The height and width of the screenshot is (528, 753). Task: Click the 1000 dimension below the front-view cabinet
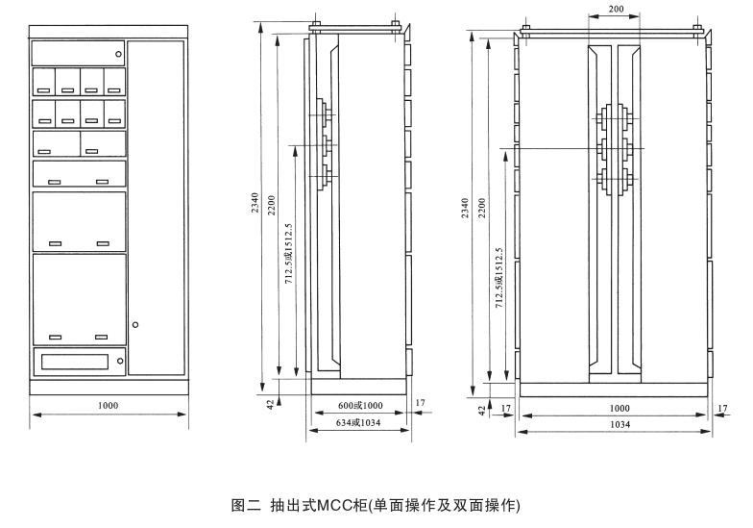coord(108,406)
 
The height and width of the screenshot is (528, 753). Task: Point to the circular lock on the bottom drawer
coord(119,362)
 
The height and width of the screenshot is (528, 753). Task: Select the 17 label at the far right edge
coord(721,408)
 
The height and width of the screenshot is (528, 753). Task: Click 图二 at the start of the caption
coord(241,505)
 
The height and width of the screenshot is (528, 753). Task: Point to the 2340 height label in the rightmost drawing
coord(466,209)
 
